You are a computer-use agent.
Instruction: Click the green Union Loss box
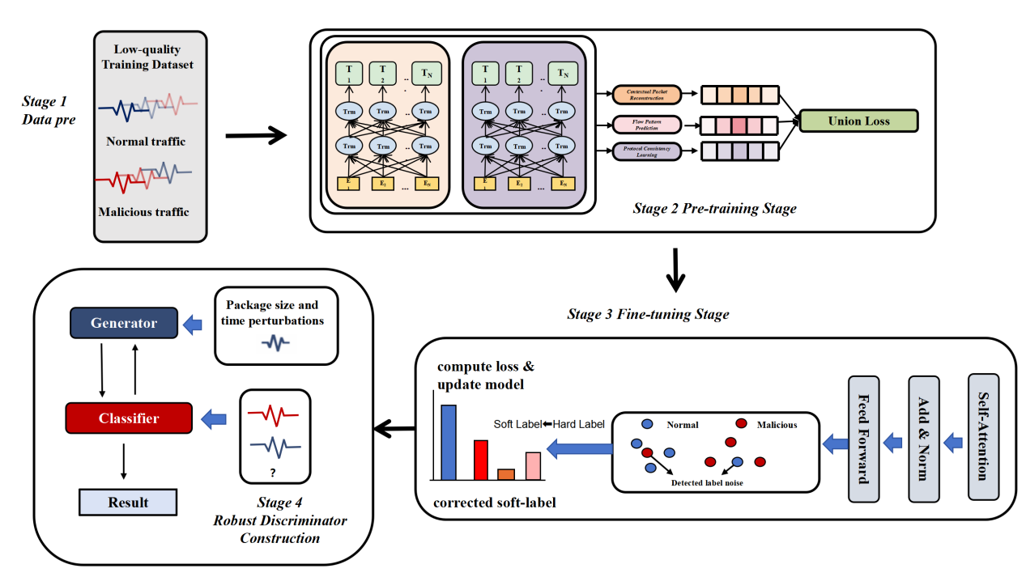coord(858,121)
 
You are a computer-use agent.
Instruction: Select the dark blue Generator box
coord(124,323)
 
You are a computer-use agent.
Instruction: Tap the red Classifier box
coord(129,418)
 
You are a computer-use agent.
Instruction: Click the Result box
coord(128,502)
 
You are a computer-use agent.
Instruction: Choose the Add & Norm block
coord(925,436)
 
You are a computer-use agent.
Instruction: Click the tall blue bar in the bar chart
coord(448,442)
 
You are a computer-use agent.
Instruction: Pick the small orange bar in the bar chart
coord(506,474)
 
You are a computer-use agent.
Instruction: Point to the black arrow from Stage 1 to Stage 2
coord(256,135)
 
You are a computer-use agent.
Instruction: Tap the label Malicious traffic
coord(143,212)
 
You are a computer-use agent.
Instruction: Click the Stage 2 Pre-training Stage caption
coord(714,209)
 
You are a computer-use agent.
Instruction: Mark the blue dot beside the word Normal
coord(647,424)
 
